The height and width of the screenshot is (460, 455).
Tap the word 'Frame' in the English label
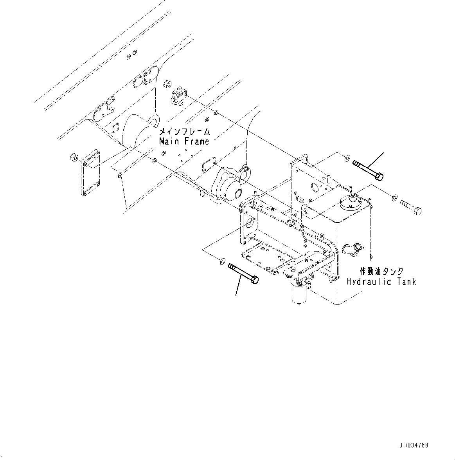[197, 141]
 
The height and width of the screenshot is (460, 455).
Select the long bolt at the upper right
[368, 170]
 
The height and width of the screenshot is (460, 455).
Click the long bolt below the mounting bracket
[243, 273]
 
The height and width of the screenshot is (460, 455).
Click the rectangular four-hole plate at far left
[90, 175]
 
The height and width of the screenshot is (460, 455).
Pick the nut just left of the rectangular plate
[73, 158]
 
